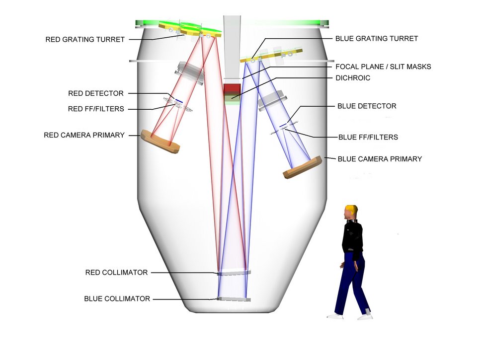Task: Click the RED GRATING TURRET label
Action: click(85, 39)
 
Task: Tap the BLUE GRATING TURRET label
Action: click(377, 38)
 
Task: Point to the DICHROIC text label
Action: click(353, 78)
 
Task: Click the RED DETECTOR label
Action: click(96, 93)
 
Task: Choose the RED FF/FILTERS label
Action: click(96, 109)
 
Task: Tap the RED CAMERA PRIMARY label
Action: click(84, 135)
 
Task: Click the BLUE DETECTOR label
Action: click(367, 106)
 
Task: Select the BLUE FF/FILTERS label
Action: click(368, 137)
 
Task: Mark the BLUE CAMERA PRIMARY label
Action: click(380, 159)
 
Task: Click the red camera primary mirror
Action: click(160, 141)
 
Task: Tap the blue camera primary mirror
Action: click(302, 167)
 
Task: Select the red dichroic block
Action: click(231, 90)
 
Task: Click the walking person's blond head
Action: click(351, 212)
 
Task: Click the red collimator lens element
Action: click(234, 273)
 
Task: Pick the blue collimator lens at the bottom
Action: click(234, 299)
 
